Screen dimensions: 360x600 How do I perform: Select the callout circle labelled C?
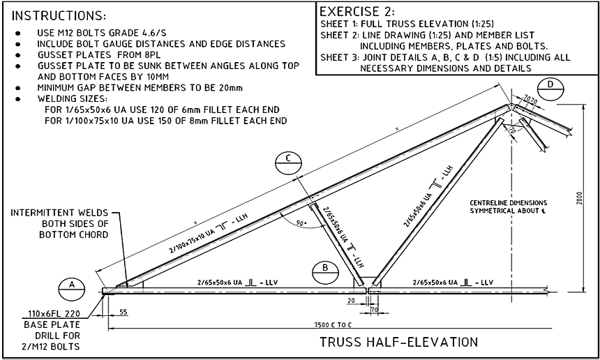point(287,160)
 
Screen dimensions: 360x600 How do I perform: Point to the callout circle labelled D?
point(550,85)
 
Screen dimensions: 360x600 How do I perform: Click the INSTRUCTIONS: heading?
point(60,15)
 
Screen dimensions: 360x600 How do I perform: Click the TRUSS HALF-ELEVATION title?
point(398,342)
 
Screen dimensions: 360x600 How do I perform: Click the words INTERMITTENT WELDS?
point(64,213)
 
